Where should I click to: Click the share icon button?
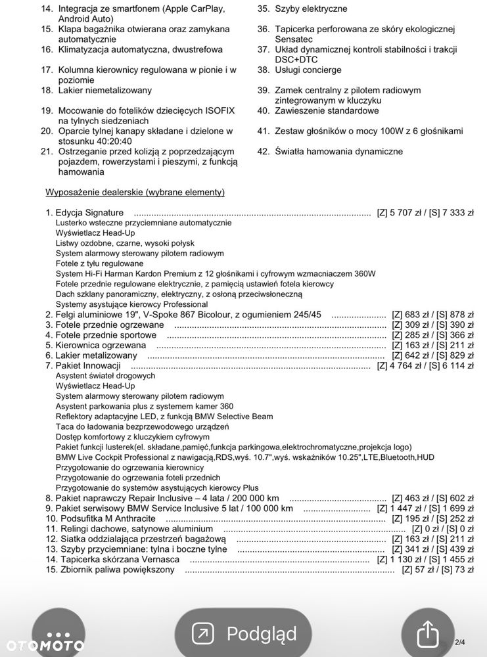click(427, 634)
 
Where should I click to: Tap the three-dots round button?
click(58, 634)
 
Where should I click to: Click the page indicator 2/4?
click(460, 642)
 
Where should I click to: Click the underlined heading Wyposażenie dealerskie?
click(135, 192)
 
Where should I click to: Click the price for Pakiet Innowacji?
click(425, 366)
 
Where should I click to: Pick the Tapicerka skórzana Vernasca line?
click(118, 559)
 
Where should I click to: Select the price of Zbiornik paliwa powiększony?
click(438, 570)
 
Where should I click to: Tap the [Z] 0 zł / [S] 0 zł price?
click(442, 529)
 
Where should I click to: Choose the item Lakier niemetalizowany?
click(104, 90)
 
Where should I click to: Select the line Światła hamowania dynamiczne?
click(338, 151)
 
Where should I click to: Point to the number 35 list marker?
click(264, 9)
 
